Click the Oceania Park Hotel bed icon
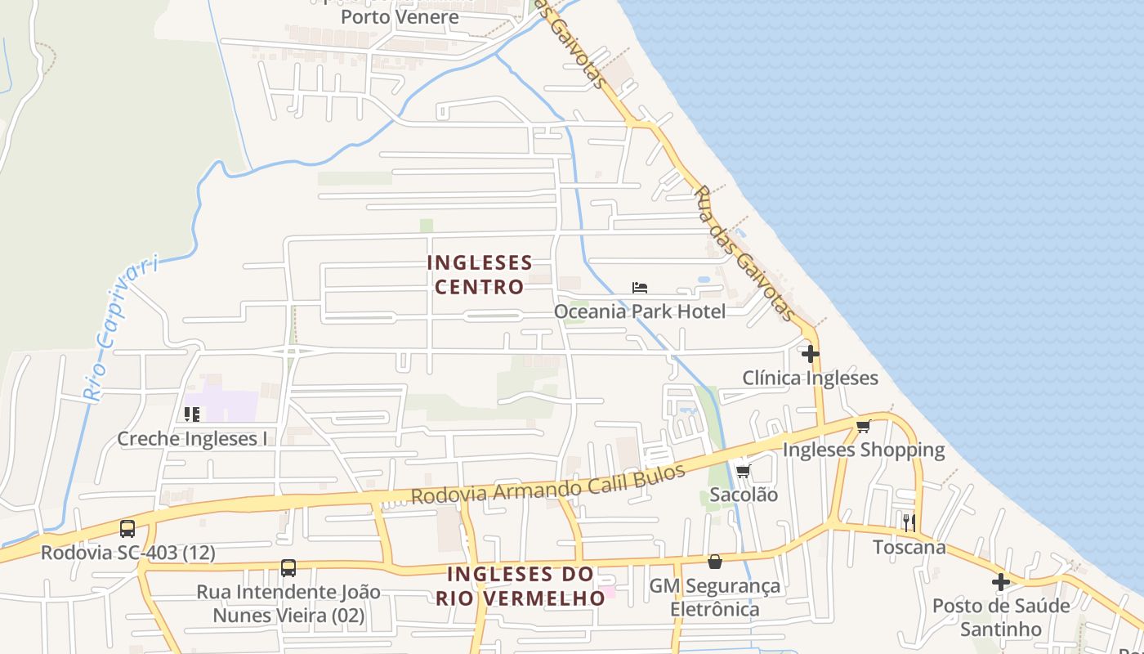(640, 288)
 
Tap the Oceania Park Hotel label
(639, 311)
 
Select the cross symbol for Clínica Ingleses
(810, 354)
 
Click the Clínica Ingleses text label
(810, 378)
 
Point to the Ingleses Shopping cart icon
(864, 426)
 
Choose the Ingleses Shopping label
(864, 450)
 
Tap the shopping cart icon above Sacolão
(743, 471)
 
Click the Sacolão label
(743, 495)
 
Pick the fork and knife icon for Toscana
(909, 522)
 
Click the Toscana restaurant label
(909, 547)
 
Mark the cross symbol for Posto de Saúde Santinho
(1001, 582)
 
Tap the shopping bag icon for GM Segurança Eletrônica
(715, 562)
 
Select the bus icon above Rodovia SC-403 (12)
(127, 529)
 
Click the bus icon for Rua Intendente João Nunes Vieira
(288, 568)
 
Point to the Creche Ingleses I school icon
(192, 414)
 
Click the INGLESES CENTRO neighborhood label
(479, 275)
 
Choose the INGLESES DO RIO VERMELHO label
(521, 585)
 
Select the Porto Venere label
(400, 16)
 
